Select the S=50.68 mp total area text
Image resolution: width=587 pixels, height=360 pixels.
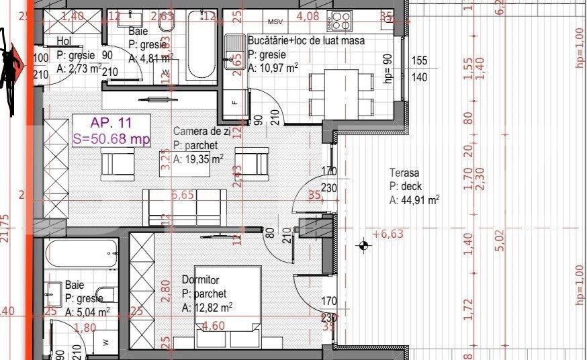111,139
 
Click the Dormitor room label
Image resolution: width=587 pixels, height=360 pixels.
201,280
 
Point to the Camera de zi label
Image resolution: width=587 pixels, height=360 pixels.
201,132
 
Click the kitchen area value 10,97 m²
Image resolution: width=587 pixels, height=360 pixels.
273,68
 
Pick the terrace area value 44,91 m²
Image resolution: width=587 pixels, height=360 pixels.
414,199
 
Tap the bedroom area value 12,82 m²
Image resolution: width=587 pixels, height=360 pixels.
207,307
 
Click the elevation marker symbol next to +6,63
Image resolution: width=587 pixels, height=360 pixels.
364,246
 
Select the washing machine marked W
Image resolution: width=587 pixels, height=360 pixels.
106,341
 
